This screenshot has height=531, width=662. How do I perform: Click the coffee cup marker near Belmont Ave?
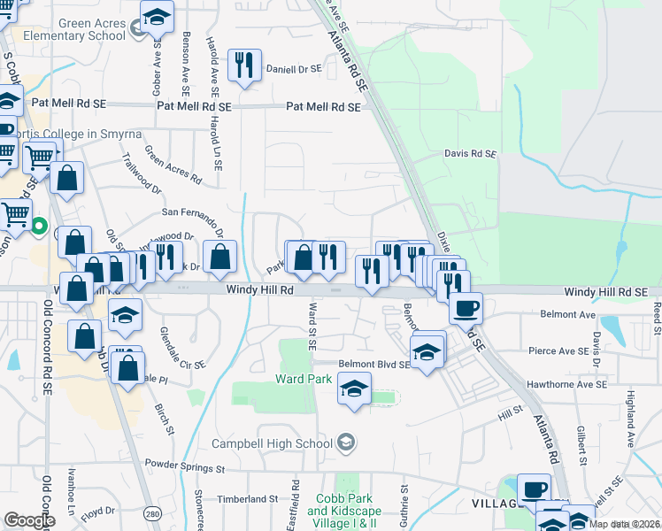pyautogui.click(x=466, y=309)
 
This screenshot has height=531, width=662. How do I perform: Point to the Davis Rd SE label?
pyautogui.click(x=469, y=154)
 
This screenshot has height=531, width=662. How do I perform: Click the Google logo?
pyautogui.click(x=28, y=520)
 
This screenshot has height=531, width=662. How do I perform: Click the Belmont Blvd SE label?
pyautogui.click(x=373, y=364)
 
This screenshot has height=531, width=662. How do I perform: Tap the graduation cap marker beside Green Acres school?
pyautogui.click(x=158, y=17)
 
